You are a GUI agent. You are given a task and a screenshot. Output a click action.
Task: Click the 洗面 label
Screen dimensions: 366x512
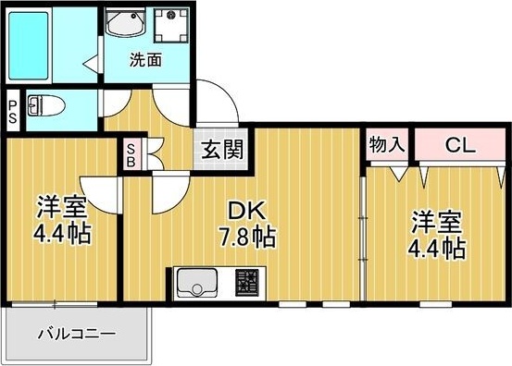pos(144,62)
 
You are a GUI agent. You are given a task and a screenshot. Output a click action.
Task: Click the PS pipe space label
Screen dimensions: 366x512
pos(12,110)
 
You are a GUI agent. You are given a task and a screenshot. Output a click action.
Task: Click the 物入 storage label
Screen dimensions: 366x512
pos(386,145)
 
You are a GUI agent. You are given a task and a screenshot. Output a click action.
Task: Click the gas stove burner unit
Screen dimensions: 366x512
pos(247,280)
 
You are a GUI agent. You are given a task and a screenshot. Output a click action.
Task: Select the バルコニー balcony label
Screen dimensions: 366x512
pos(77,334)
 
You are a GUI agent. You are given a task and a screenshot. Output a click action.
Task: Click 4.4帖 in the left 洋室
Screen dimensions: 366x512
pos(63,233)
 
